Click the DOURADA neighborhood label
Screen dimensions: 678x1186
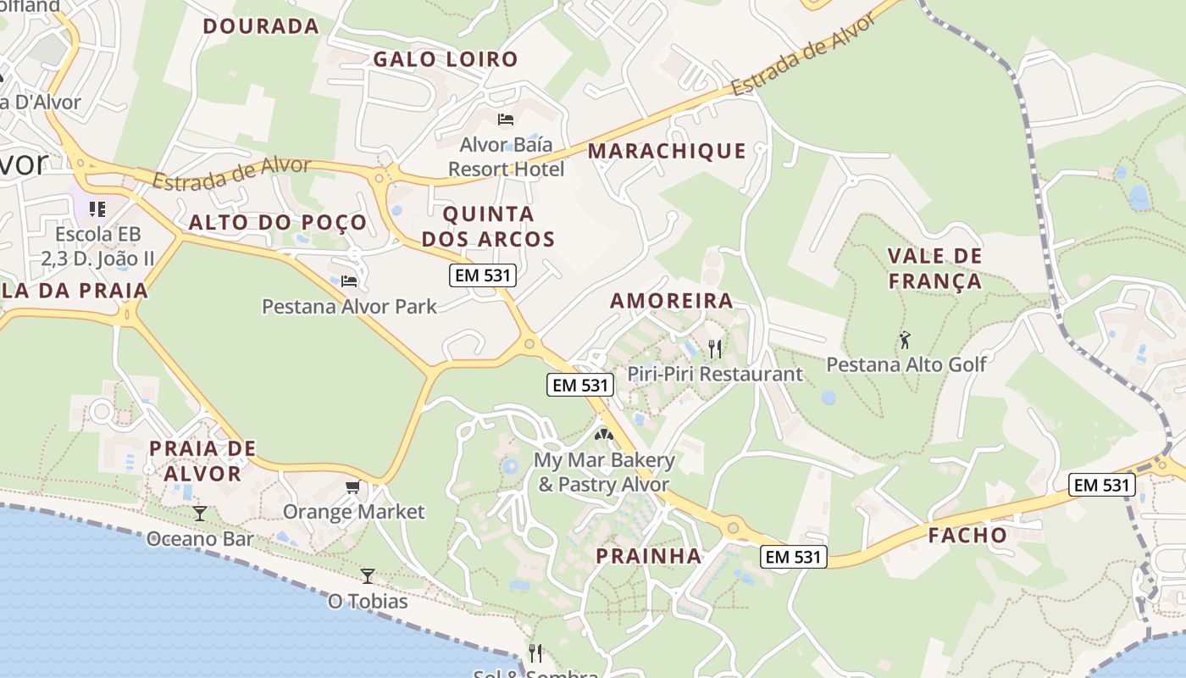[261, 26]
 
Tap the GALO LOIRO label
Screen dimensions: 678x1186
[446, 59]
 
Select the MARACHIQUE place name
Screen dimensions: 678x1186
[667, 151]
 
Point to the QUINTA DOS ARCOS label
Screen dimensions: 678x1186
[488, 226]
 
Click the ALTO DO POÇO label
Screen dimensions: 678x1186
[278, 223]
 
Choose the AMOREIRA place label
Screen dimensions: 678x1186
[672, 301]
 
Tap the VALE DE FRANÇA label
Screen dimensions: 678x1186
[934, 268]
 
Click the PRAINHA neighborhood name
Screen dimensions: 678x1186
[649, 556]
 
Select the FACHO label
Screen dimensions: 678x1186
[967, 536]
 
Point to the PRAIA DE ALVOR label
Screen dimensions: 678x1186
[202, 460]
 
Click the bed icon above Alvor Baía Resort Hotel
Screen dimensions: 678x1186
[506, 119]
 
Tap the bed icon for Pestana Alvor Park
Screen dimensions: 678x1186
[349, 281]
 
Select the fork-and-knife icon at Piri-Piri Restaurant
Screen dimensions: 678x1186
[715, 347]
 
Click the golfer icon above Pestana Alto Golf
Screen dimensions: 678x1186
[905, 340]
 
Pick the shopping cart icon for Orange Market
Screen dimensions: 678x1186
[353, 486]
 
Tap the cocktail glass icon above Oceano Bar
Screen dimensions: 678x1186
[199, 513]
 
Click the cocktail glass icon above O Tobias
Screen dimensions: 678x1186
[368, 576]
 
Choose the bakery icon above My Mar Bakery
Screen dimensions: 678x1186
[603, 436]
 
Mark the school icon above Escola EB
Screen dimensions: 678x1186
[97, 208]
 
